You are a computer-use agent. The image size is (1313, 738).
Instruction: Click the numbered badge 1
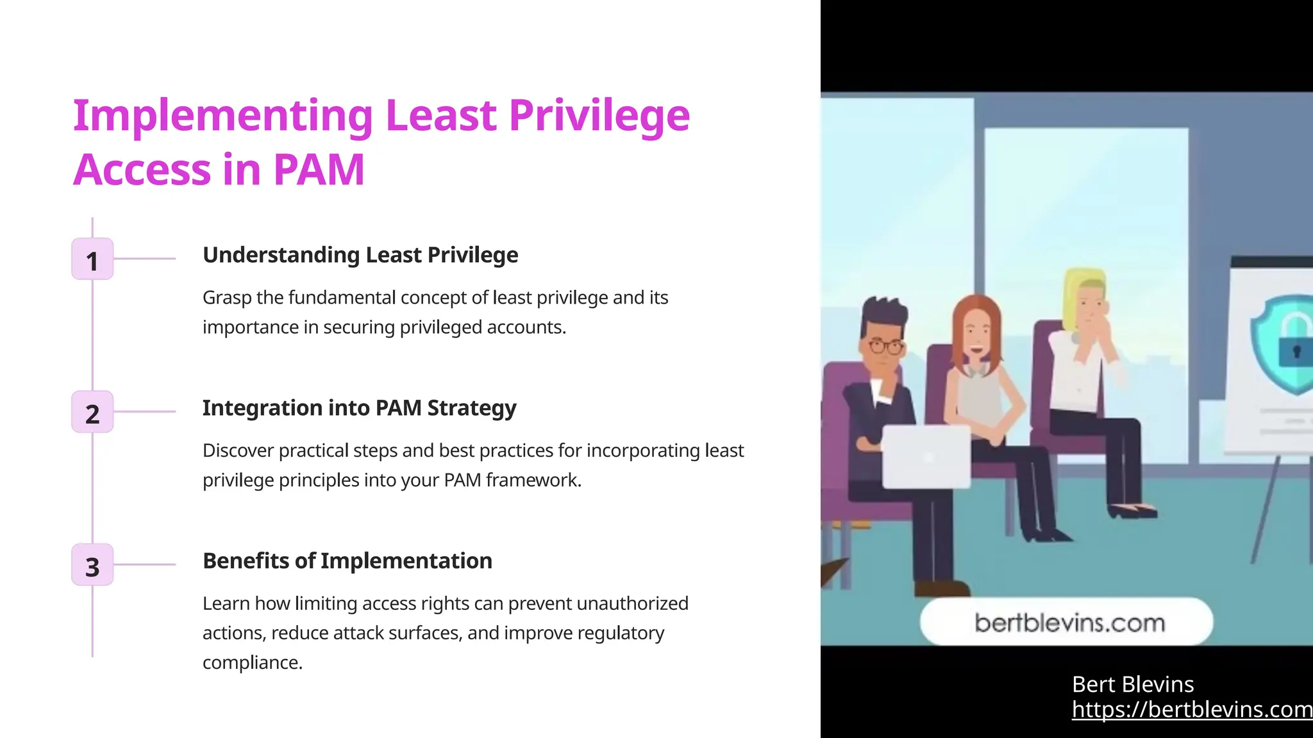pos(92,259)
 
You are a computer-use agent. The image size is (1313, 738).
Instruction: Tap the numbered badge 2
pos(92,412)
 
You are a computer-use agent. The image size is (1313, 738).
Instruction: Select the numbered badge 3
pos(92,565)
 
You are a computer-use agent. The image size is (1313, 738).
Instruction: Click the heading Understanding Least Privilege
pos(360,255)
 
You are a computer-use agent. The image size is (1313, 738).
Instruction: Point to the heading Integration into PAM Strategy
pos(359,408)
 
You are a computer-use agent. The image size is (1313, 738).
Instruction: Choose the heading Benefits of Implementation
pos(347,561)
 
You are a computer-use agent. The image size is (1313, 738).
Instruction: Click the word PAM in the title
pos(319,170)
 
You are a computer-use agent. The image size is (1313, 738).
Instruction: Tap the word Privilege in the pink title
pos(599,116)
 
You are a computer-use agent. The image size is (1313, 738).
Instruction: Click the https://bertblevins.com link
pos(1191,710)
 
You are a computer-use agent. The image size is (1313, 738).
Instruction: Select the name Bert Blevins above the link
pos(1133,685)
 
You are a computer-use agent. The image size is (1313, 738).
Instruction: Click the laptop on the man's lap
pos(926,457)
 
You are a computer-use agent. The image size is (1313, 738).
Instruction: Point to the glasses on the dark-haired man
pos(886,347)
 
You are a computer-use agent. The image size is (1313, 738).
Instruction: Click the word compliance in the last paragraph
pos(252,662)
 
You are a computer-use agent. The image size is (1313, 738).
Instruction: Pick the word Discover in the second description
pos(238,451)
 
